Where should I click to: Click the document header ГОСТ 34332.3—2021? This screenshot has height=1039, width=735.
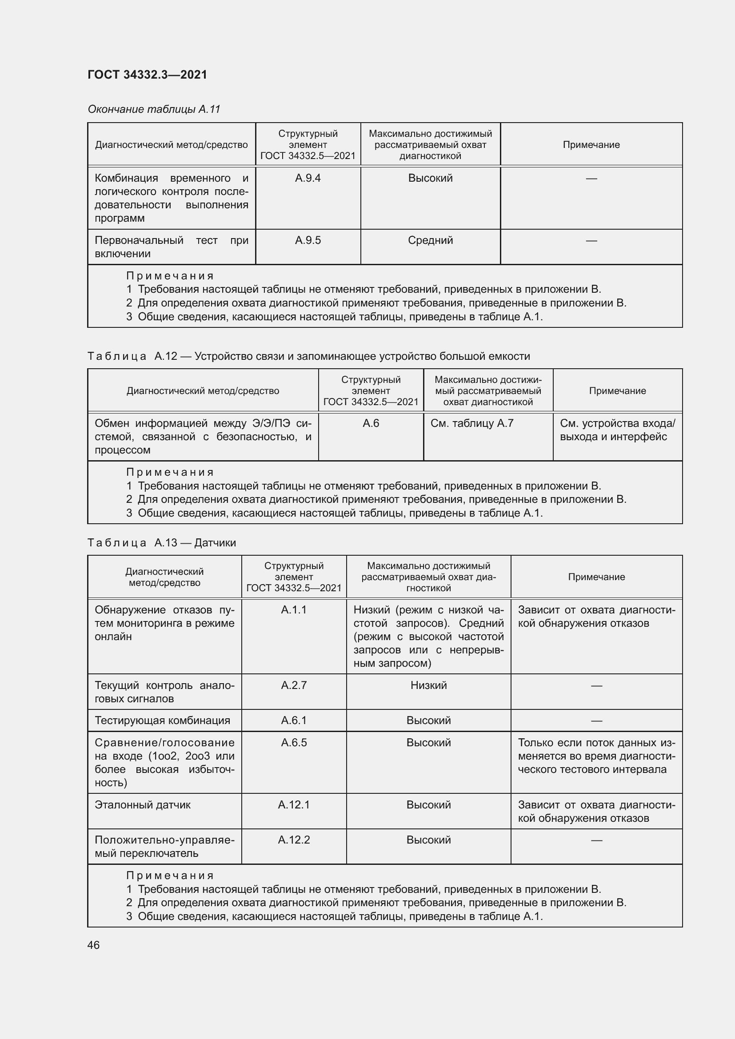click(x=147, y=75)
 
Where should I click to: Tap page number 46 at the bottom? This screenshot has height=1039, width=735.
click(x=94, y=945)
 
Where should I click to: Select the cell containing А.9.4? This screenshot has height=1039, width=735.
click(x=308, y=178)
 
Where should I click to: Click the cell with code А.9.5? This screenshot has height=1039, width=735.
click(x=308, y=240)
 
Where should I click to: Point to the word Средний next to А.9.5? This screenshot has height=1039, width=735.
click(x=430, y=240)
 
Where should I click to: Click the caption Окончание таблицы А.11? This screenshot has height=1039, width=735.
click(x=154, y=109)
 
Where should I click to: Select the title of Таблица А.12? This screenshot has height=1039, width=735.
click(x=309, y=356)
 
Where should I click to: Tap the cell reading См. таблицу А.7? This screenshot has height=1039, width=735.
click(x=472, y=424)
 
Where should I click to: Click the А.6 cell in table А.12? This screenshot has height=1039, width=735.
click(x=371, y=424)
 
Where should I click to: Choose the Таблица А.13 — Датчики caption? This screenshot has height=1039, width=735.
click(x=162, y=542)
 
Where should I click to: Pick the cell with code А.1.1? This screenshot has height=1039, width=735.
click(x=294, y=610)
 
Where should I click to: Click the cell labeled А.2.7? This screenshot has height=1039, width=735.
click(x=294, y=685)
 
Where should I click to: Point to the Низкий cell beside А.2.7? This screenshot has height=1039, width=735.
click(x=428, y=685)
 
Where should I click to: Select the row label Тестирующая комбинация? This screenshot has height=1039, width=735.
click(x=163, y=721)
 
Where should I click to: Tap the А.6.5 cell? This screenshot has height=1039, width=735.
click(x=294, y=743)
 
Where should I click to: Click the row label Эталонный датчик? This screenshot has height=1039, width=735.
click(x=143, y=804)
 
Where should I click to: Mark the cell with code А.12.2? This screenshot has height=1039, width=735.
click(x=294, y=840)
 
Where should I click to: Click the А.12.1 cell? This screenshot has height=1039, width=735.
click(x=294, y=804)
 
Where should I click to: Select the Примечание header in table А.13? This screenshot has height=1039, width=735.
click(x=596, y=577)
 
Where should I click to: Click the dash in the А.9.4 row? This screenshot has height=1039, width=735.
click(x=591, y=178)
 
